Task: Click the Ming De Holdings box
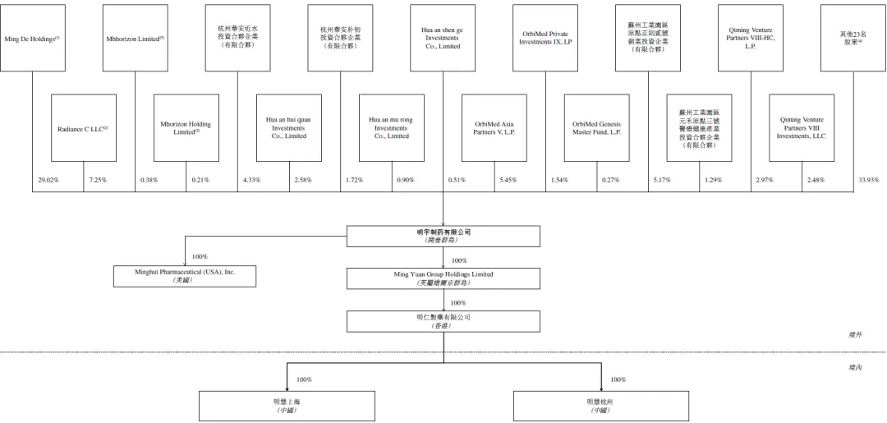coord(32,39)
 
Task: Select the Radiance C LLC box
coord(83,128)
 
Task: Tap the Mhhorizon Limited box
coord(135,39)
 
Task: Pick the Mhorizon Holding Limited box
coord(186,128)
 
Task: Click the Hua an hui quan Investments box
coord(288,128)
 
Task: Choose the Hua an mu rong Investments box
coord(391,128)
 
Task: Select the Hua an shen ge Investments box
coord(443,39)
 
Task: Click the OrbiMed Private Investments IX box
coord(545,39)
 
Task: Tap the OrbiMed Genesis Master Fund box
coord(596,128)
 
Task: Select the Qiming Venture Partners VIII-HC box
coord(751,39)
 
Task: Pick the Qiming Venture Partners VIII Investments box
coord(802,128)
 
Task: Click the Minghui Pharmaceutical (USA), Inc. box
coord(186,276)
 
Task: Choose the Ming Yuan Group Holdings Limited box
coord(443,278)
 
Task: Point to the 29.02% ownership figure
coord(48,179)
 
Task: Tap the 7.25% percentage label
coord(97,179)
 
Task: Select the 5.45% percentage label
coord(508,179)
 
